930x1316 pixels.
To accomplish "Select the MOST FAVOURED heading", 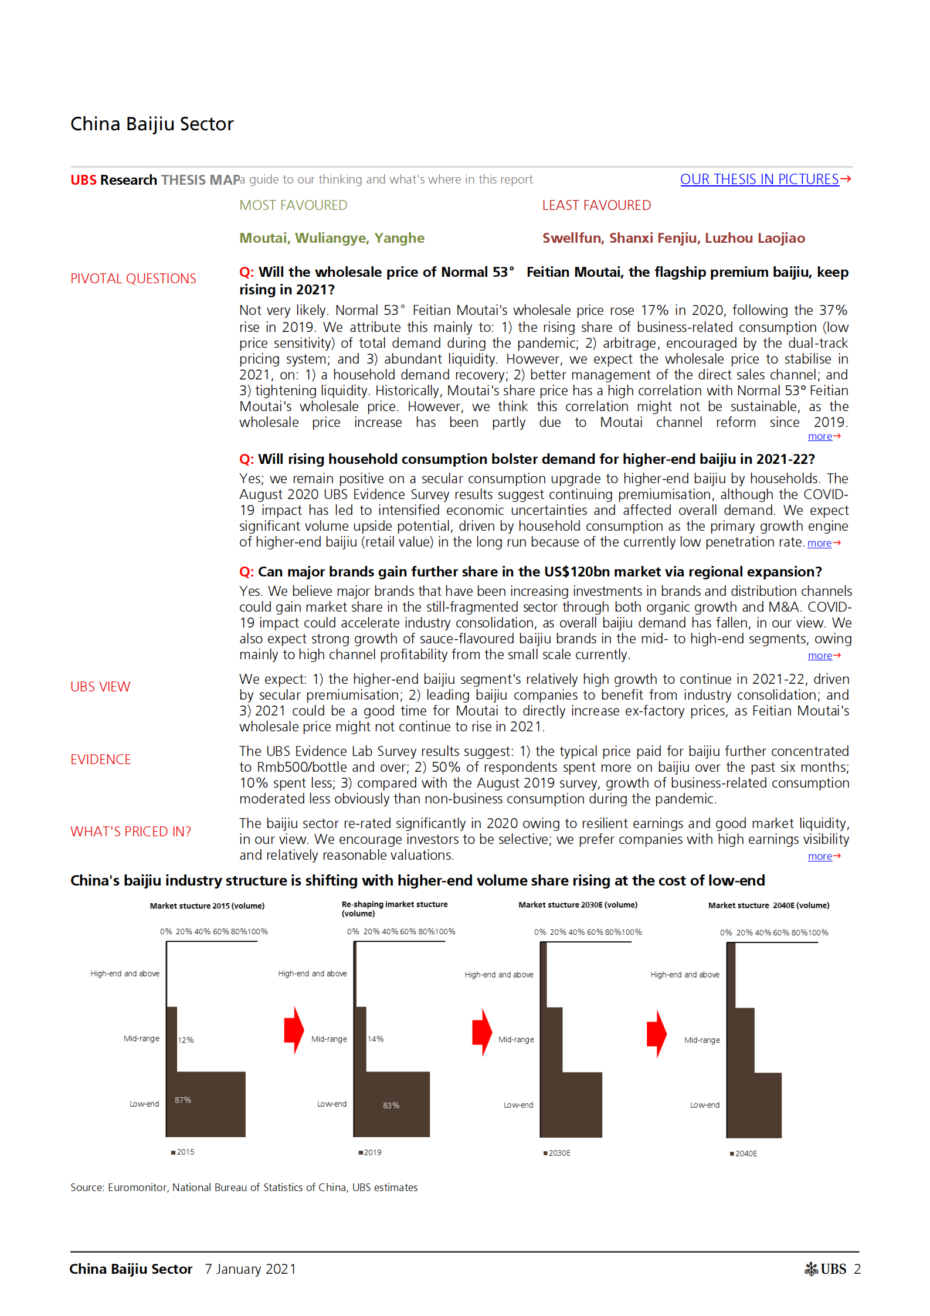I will click(x=293, y=205).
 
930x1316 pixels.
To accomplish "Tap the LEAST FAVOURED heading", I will click(x=596, y=205).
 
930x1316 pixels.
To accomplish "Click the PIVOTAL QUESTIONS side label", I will click(x=133, y=279).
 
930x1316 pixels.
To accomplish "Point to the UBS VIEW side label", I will click(x=100, y=687).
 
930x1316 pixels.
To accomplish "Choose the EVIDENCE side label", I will click(x=100, y=759).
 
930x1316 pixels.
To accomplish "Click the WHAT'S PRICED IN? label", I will click(x=131, y=832).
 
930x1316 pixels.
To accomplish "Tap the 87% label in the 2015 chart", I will click(x=183, y=1100).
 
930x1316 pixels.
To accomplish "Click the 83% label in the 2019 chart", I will click(x=391, y=1105).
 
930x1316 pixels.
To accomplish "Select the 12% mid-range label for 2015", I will click(x=186, y=1040).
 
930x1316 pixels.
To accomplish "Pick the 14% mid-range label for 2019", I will click(x=376, y=1039).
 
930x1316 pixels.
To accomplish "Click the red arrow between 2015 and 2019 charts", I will click(x=294, y=1030).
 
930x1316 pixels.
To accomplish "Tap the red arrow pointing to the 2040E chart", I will click(x=657, y=1034).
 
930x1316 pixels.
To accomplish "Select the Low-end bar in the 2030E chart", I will click(x=571, y=1104).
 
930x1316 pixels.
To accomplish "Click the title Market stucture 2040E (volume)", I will click(x=768, y=905).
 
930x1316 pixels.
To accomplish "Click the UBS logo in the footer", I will click(x=826, y=1269).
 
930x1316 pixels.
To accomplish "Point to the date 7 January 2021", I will click(x=250, y=1269).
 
